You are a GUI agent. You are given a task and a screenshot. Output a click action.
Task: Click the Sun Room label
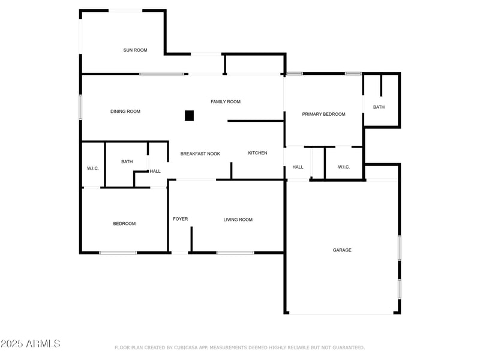[135, 50]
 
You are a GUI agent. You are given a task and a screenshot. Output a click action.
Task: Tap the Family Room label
[226, 102]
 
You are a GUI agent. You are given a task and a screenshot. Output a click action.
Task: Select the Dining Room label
[125, 112]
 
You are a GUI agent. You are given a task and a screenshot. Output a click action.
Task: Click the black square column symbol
[189, 116]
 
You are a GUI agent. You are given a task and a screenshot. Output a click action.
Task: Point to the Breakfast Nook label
[200, 154]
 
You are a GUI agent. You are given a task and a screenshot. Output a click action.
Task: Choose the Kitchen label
[258, 154]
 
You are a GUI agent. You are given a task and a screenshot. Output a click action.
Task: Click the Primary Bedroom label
[323, 114]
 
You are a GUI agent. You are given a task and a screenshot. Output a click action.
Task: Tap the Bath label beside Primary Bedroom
[379, 107]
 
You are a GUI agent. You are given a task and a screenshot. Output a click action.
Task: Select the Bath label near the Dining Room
[127, 162]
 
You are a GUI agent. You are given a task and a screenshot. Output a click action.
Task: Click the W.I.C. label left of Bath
[92, 168]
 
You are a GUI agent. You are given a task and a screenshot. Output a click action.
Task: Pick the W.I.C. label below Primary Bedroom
[344, 167]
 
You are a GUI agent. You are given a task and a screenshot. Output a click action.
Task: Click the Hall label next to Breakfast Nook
[155, 172]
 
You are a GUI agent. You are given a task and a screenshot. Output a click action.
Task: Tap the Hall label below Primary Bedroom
[298, 167]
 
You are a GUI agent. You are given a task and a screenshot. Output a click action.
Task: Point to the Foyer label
[181, 219]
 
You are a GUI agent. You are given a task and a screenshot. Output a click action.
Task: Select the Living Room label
[238, 220]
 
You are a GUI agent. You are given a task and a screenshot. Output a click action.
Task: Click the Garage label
[343, 250]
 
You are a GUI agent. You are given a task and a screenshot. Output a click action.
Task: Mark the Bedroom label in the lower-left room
[124, 224]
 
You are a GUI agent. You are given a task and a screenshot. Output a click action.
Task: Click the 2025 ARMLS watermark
[31, 344]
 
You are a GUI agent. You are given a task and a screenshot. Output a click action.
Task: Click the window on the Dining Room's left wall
[81, 107]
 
